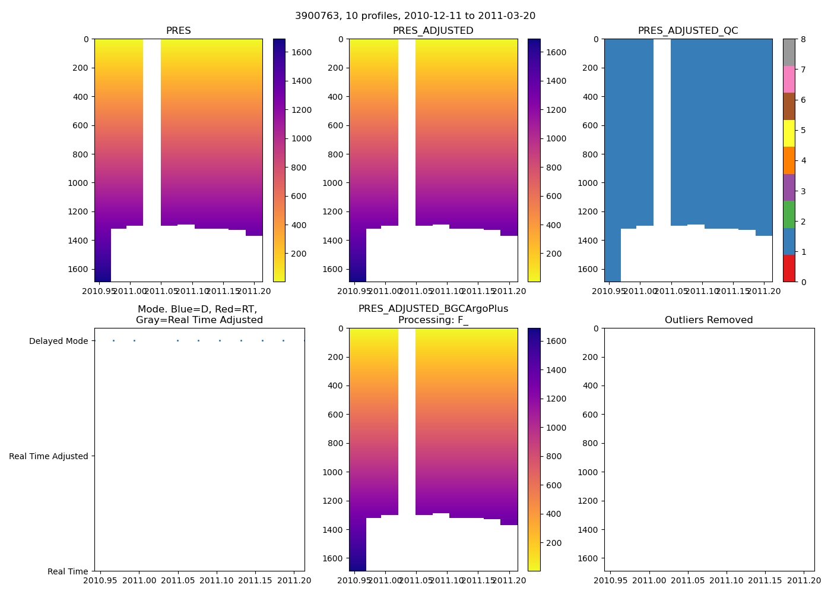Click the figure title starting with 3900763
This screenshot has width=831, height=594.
(415, 16)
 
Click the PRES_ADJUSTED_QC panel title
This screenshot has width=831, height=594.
(688, 31)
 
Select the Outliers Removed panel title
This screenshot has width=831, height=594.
(709, 320)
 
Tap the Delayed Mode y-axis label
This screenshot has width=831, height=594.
(58, 341)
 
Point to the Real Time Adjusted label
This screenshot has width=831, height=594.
(49, 456)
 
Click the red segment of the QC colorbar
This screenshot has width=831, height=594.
(789, 268)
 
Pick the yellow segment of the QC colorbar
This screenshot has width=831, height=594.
(789, 133)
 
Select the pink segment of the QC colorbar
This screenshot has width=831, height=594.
(789, 79)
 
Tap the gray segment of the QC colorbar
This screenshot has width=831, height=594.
(789, 52)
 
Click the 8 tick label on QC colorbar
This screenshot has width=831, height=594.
(803, 39)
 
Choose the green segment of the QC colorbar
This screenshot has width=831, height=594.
(789, 214)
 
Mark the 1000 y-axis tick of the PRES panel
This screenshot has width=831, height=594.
(78, 183)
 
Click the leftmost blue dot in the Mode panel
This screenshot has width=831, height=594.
(113, 340)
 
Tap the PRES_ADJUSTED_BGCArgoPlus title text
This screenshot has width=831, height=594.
(433, 309)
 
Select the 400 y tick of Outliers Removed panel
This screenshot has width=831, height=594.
(590, 386)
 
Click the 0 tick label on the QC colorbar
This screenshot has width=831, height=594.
(803, 282)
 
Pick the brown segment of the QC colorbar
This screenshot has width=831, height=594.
(789, 106)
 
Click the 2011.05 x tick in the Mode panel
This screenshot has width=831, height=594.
(177, 580)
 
